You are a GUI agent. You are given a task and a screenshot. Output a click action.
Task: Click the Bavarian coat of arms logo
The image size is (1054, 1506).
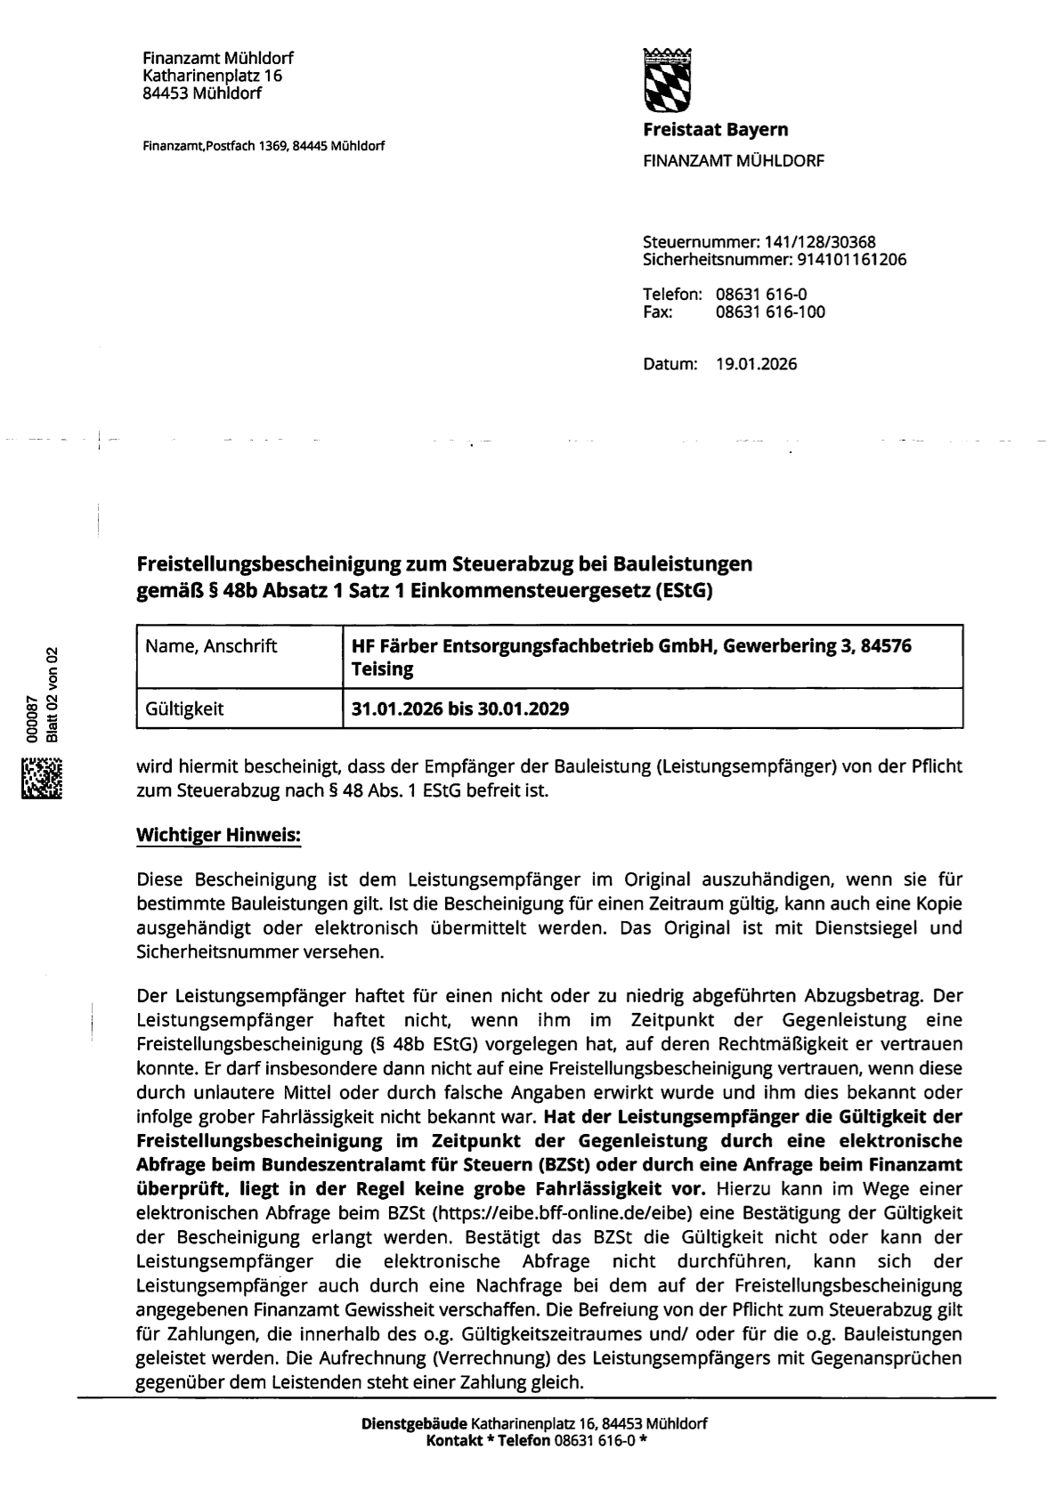tap(667, 77)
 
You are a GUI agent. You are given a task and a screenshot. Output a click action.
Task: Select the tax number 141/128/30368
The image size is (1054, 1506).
tap(814, 242)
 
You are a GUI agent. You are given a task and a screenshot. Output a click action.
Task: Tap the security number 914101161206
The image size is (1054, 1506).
tap(849, 260)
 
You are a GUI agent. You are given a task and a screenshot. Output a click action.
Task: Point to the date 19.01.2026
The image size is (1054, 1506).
tap(756, 364)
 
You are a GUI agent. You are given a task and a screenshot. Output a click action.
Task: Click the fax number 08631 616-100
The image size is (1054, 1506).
tap(770, 312)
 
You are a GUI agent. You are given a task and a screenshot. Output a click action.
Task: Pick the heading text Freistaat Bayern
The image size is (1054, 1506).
tap(715, 130)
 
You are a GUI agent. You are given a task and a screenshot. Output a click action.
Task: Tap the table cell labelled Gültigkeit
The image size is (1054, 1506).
tap(185, 709)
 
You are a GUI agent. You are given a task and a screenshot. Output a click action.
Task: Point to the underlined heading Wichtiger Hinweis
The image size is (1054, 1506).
tap(218, 836)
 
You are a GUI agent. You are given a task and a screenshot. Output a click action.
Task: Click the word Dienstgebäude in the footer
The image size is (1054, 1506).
tap(414, 1424)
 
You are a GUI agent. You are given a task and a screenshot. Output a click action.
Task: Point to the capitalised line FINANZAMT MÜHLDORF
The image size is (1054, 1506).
tap(733, 161)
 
